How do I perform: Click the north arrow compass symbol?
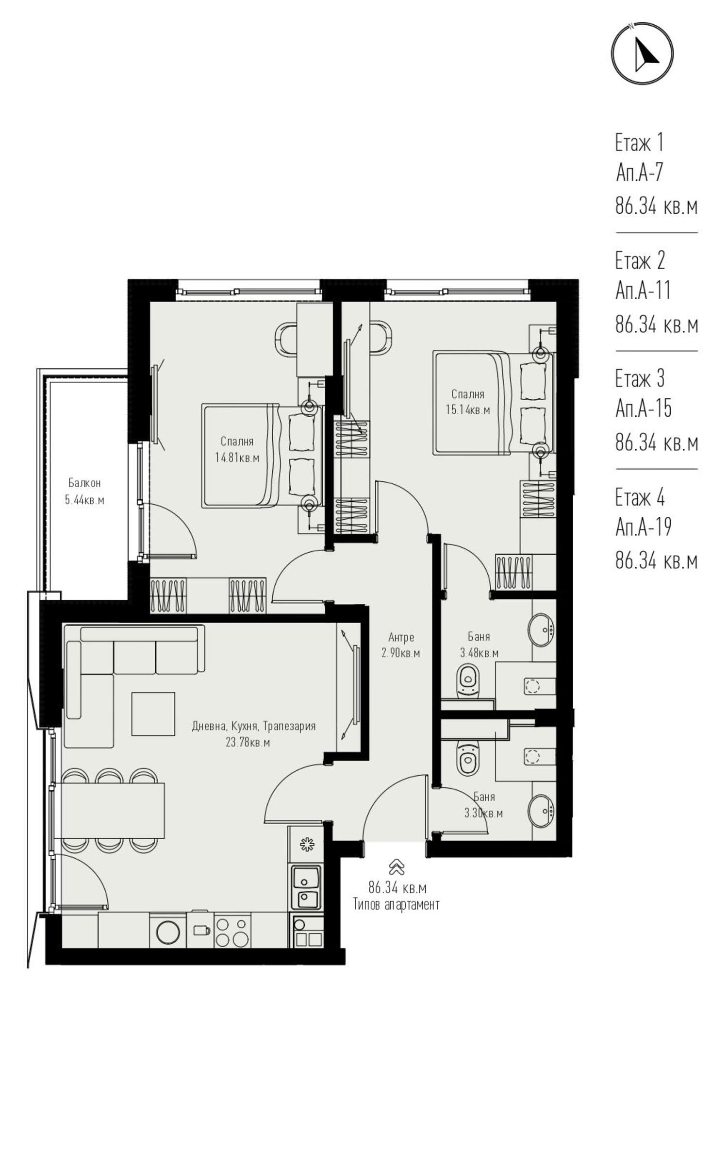(642, 53)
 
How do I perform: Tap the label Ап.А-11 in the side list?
(643, 290)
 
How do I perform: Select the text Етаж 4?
(640, 497)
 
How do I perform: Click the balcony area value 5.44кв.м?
(84, 500)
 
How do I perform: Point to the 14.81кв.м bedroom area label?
(237, 458)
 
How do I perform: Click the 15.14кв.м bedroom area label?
(468, 410)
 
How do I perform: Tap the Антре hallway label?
(401, 637)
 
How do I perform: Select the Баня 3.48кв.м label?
(479, 645)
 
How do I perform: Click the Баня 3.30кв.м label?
(483, 805)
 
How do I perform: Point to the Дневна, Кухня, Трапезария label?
(254, 726)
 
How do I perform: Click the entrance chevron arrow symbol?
(397, 867)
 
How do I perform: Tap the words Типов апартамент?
(396, 904)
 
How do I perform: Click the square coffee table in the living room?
(153, 713)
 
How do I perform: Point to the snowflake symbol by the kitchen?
(307, 845)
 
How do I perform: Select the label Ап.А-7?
(639, 172)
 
